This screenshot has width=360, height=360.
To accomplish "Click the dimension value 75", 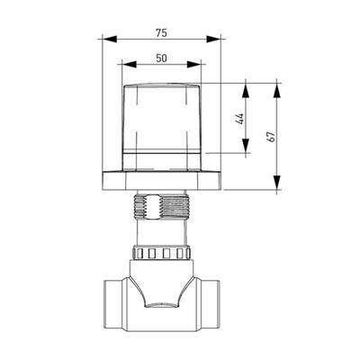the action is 161,33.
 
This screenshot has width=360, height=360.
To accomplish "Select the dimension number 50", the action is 161,58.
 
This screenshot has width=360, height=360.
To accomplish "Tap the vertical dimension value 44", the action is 239,119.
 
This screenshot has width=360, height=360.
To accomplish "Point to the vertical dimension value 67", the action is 271,137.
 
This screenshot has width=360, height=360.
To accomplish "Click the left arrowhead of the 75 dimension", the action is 109,39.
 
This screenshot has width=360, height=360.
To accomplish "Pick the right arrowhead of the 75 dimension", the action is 213,39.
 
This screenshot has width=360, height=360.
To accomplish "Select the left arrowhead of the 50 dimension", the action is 130,64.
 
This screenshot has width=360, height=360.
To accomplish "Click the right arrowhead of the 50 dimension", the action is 194,64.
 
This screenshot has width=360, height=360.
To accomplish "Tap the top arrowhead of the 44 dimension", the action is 246,90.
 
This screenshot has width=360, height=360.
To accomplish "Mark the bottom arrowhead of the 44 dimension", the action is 246,146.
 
